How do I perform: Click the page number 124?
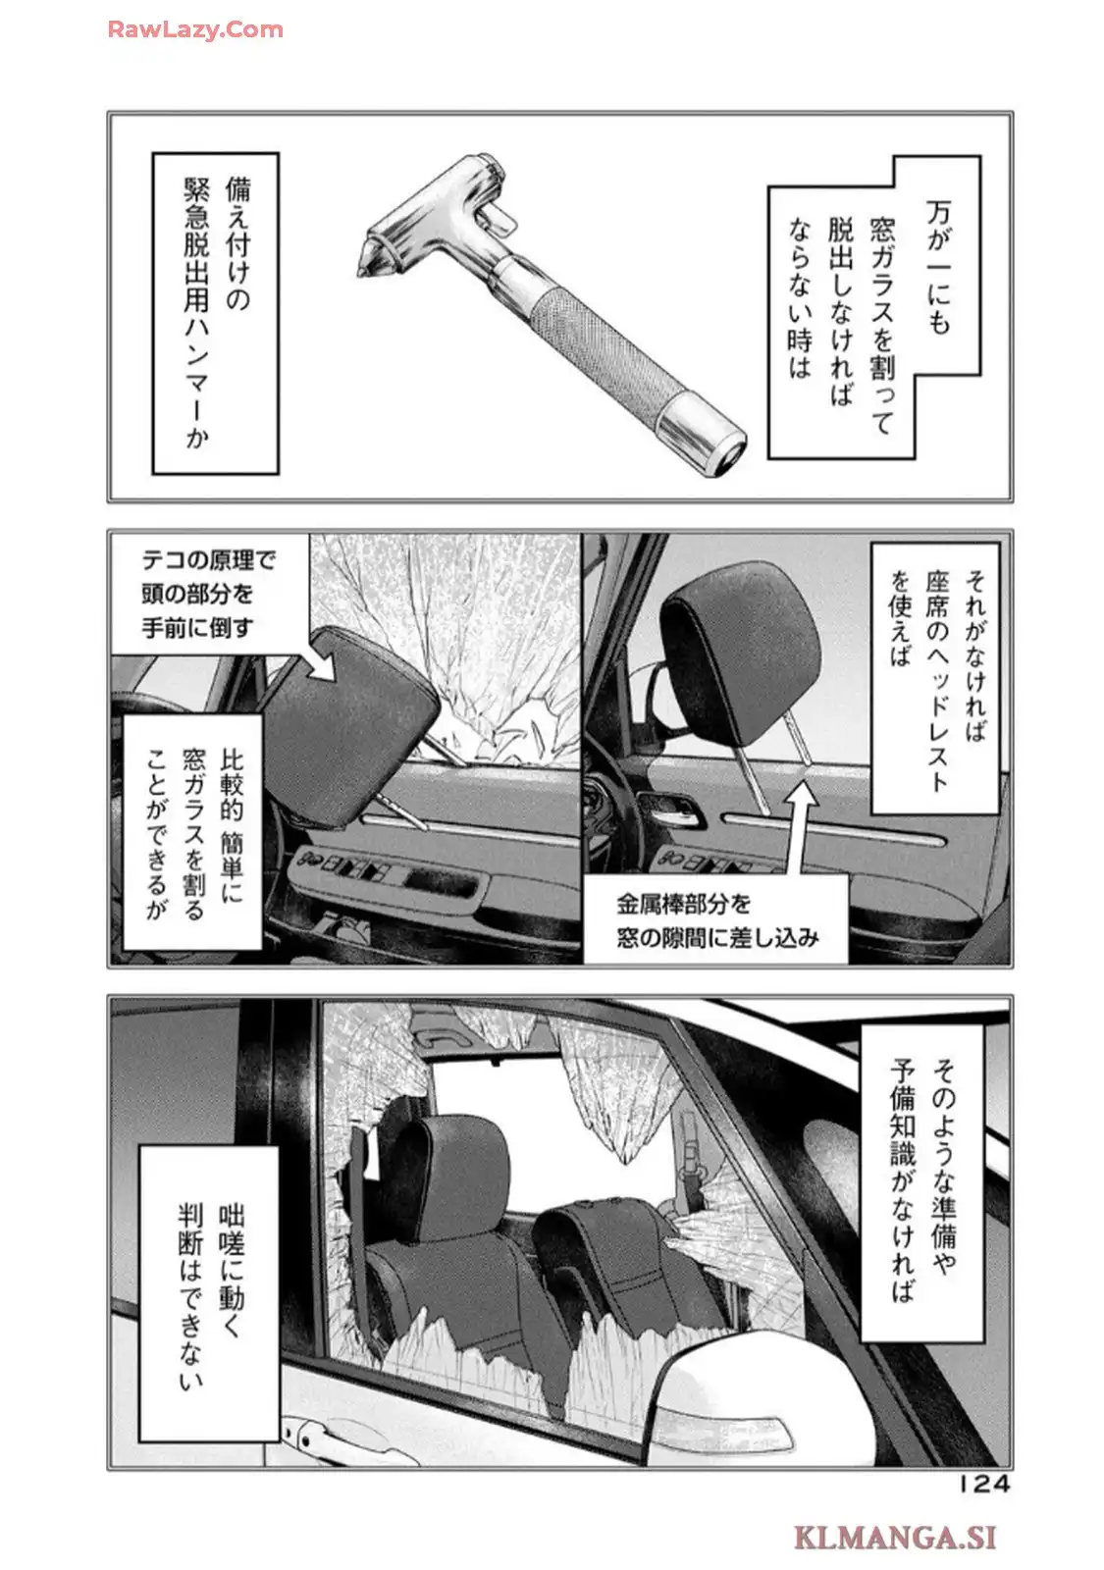click(983, 1484)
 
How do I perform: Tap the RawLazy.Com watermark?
click(195, 29)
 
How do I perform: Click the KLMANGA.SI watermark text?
click(894, 1536)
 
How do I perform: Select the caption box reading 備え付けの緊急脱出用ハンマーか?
click(216, 312)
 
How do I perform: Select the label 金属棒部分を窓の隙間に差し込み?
click(716, 919)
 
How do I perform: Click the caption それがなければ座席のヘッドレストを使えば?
click(935, 677)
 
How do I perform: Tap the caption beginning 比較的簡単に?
click(191, 832)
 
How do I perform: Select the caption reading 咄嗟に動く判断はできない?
click(208, 1293)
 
